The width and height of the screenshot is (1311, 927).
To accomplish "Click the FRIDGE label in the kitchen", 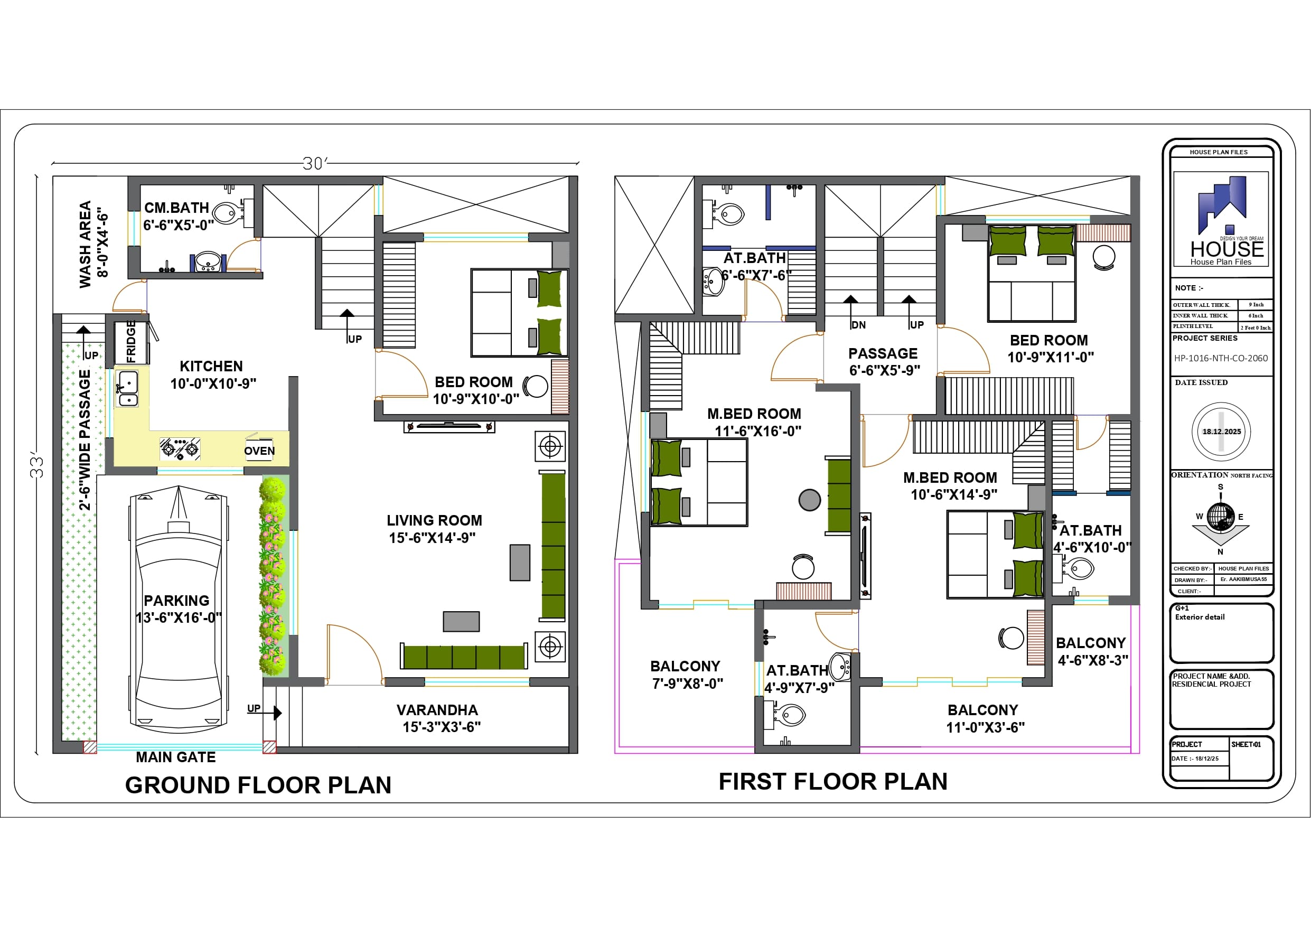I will [132, 342].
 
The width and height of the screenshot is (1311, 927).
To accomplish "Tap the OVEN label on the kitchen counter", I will [259, 451].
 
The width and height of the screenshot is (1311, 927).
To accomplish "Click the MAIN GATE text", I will [176, 757].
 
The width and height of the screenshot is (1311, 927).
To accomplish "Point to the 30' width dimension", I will [315, 164].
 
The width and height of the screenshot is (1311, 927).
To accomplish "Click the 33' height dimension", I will [37, 465].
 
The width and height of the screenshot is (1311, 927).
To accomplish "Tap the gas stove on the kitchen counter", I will [180, 449].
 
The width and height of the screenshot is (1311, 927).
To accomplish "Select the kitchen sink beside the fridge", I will [127, 389].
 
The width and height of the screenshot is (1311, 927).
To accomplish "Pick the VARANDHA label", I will [437, 710].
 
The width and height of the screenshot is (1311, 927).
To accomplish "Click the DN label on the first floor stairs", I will [858, 325].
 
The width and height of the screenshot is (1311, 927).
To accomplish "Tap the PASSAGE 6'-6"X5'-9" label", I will [883, 361].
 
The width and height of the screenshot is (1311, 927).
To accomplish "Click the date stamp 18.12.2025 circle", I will [1221, 432].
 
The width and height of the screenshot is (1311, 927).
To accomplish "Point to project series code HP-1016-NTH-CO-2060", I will [1221, 358].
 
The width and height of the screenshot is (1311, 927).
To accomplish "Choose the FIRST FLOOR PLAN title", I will [833, 781].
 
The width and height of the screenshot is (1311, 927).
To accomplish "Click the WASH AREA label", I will [86, 244].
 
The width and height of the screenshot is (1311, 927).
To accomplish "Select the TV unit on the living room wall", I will [450, 426].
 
